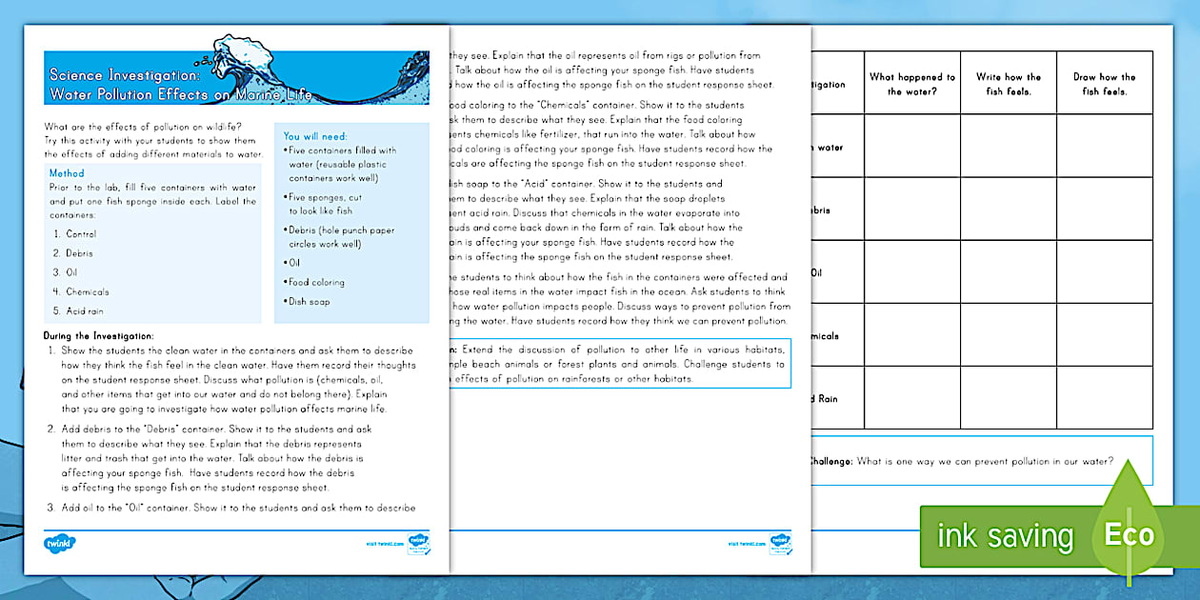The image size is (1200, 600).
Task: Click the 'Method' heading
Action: [67, 173]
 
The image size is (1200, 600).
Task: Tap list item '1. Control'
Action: [75, 234]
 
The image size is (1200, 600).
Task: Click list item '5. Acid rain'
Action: [81, 310]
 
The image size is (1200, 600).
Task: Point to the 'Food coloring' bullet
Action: [315, 282]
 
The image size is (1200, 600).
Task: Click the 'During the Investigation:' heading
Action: [99, 335]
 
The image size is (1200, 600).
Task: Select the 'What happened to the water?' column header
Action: [911, 84]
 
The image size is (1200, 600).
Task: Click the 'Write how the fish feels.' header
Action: [1009, 84]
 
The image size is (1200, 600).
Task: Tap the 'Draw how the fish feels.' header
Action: [1104, 84]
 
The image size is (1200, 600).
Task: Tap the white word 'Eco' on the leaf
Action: [1129, 534]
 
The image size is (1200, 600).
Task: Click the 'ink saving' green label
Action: [1005, 536]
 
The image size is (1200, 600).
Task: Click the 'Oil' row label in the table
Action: [815, 272]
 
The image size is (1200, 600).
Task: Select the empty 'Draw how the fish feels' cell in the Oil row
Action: [1104, 271]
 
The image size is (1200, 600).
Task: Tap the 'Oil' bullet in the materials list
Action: [291, 262]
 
